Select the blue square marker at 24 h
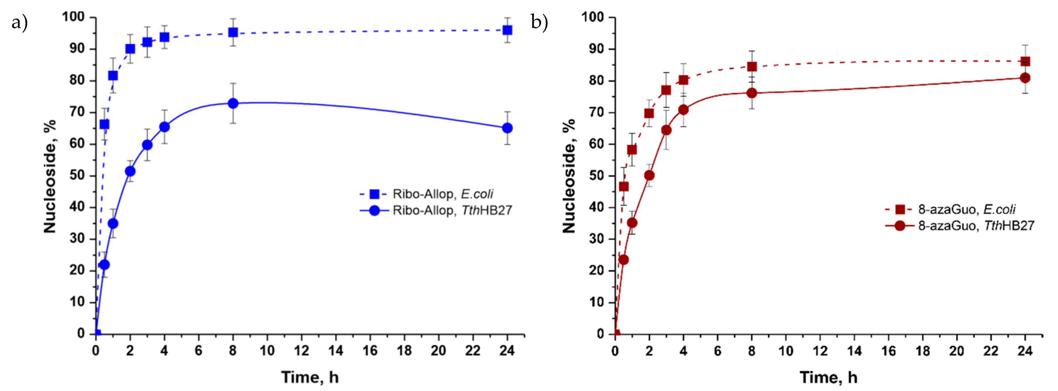[x=507, y=30]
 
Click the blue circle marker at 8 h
[x=233, y=103]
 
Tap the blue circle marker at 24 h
[x=507, y=128]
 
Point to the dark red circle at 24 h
[x=1025, y=78]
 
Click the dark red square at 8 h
[x=752, y=67]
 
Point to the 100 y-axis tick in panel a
[x=73, y=17]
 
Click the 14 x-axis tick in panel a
[x=336, y=351]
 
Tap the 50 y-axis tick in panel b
[x=596, y=176]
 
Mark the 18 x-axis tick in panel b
[x=923, y=351]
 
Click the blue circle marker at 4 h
[x=164, y=127]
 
